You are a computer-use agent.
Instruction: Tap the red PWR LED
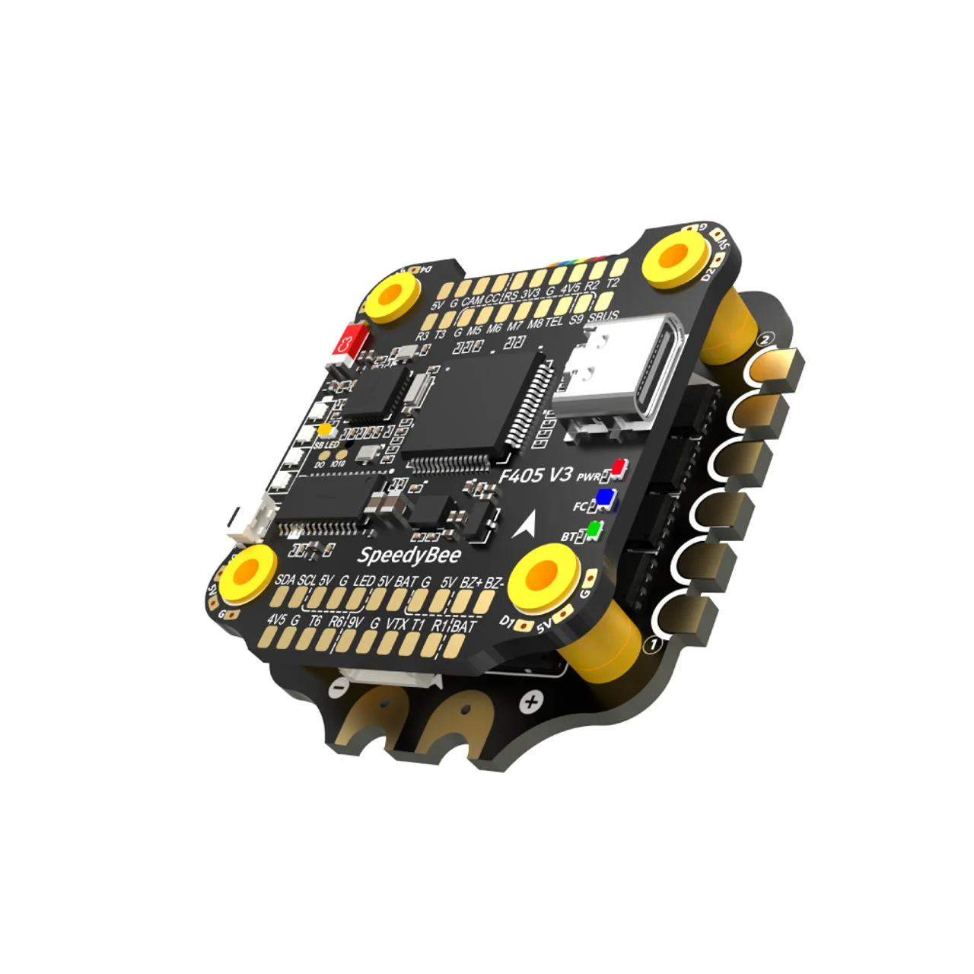pyautogui.click(x=619, y=466)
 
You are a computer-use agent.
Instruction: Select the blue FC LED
pyautogui.click(x=606, y=498)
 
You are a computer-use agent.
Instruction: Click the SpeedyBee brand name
pyautogui.click(x=409, y=555)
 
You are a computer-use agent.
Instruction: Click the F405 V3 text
pyautogui.click(x=535, y=476)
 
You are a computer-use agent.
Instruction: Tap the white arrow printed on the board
pyautogui.click(x=525, y=523)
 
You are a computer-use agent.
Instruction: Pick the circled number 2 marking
pyautogui.click(x=766, y=339)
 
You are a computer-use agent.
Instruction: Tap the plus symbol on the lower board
pyautogui.click(x=532, y=701)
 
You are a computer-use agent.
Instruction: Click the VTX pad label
pyautogui.click(x=397, y=624)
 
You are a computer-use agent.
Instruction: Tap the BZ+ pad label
pyautogui.click(x=471, y=583)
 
